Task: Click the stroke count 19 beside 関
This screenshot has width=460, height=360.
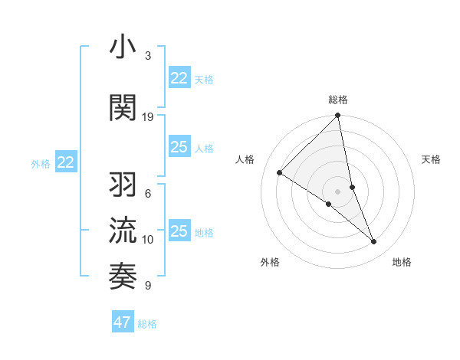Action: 148,117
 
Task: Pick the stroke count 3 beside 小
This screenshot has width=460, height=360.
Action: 148,56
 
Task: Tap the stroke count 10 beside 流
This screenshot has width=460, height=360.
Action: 148,240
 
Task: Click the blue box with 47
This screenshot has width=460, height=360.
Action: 123,322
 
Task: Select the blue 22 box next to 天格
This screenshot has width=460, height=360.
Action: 179,78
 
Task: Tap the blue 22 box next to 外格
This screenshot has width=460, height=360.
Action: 66,162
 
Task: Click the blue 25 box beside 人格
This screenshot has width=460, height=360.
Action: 179,147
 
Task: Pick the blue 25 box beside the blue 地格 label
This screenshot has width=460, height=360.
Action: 179,231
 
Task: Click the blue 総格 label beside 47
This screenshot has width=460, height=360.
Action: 147,324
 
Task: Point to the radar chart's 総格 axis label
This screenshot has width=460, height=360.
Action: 338,100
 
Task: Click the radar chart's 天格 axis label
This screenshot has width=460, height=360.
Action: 431,159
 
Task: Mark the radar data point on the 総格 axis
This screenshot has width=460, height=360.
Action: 338,116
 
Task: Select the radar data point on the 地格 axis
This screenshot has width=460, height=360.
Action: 374,242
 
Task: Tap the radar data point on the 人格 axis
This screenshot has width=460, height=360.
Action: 280,172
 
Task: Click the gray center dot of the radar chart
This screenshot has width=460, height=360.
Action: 338,191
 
